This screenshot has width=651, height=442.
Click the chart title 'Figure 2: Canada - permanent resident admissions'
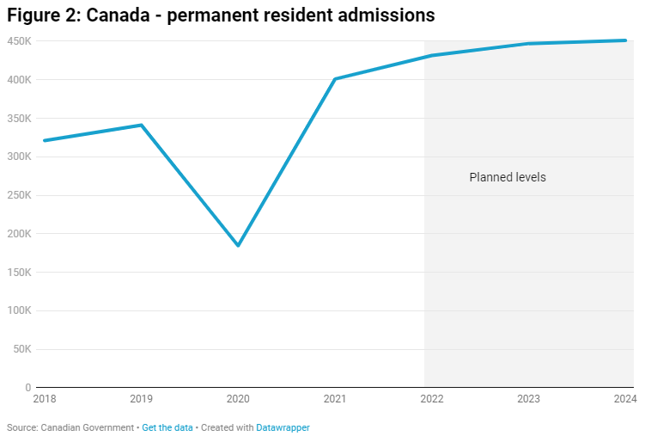coord(221,15)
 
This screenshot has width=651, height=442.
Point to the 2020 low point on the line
coord(238,246)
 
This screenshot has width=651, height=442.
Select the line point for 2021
coord(335,79)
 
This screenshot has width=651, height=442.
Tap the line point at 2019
coord(141,125)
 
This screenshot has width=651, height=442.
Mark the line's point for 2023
coord(527,44)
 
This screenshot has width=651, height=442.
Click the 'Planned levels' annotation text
coord(508,177)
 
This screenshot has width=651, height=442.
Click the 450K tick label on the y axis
coord(19,41)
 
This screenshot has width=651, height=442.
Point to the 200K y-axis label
coord(19,234)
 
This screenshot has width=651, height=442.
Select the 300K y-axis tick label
coord(19,157)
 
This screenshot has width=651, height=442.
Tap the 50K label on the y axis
coord(21,349)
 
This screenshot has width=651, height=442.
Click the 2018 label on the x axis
coord(44,399)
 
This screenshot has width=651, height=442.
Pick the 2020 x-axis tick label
coord(238,399)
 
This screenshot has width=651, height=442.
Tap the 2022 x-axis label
coord(431,399)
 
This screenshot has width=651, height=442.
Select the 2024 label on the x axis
coord(624,399)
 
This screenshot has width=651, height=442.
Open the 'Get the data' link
coord(167,427)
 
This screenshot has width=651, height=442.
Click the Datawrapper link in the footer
coord(283,427)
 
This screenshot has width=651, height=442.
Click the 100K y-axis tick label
coord(19,310)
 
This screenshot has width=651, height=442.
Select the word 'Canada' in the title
coord(117,15)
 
